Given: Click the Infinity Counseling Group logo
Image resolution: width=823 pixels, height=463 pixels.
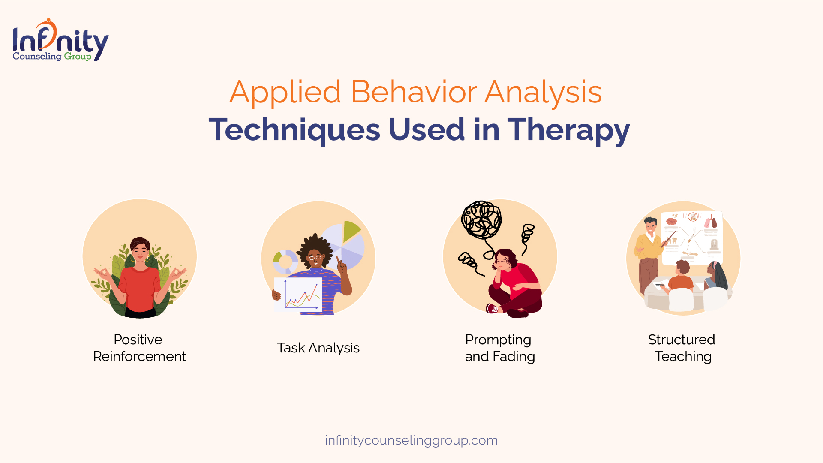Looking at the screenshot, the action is (60, 40).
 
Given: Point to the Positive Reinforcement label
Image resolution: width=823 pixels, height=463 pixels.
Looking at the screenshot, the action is (139, 348).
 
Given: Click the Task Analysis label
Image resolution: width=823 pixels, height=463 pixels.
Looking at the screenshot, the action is (318, 348).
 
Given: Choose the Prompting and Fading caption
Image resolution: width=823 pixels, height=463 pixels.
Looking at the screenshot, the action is (500, 348).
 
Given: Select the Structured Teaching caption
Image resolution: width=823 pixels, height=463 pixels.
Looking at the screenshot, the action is (682, 348).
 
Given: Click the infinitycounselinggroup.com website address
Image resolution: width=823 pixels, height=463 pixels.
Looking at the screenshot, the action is (411, 440).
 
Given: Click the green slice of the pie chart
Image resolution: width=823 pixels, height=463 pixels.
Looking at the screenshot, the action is (351, 231).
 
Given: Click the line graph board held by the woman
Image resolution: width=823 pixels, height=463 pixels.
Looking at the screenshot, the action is (298, 295).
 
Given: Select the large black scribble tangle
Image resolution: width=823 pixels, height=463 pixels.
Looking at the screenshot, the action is (481, 219).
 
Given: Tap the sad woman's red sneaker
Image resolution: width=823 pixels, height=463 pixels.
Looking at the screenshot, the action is (493, 308).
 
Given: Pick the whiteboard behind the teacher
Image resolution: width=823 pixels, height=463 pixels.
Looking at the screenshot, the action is (691, 238).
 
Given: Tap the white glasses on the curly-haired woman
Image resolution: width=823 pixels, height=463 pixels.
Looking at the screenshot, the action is (315, 258).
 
